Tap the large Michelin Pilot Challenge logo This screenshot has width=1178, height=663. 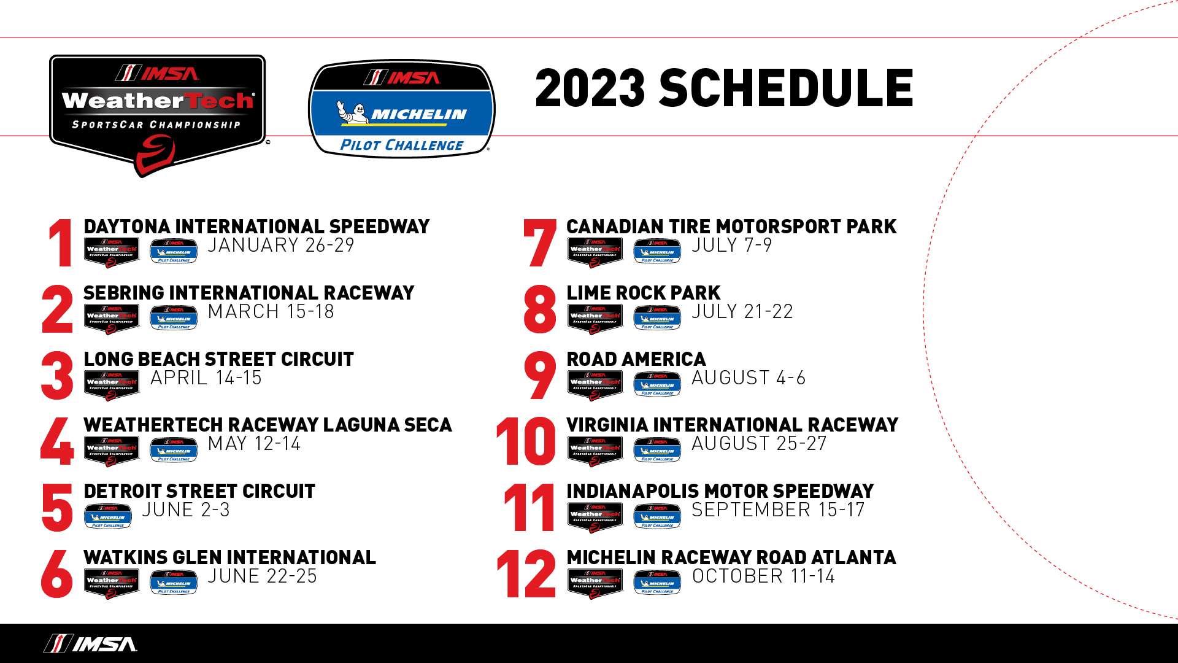click(x=402, y=109)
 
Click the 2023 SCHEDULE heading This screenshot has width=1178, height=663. click(x=724, y=88)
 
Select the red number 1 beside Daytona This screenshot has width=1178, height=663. click(x=61, y=243)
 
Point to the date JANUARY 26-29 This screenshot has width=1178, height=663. click(x=281, y=246)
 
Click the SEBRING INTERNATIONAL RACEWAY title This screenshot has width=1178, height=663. click(x=248, y=293)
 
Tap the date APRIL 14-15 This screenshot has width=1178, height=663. click(x=206, y=378)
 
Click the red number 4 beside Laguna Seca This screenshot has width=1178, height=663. click(x=57, y=441)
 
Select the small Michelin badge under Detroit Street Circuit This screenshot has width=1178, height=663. click(x=108, y=516)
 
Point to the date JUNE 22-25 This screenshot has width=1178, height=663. click(x=262, y=576)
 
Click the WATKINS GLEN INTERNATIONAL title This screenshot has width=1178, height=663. click(x=229, y=557)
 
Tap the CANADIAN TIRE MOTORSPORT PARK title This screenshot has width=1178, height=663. click(x=731, y=227)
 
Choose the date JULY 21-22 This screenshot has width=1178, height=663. click(x=742, y=312)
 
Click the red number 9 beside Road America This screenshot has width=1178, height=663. click(x=540, y=375)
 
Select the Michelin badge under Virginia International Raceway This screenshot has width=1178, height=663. click(x=657, y=450)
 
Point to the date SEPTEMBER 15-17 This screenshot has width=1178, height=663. click(x=778, y=510)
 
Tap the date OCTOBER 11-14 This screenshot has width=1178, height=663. click(x=763, y=576)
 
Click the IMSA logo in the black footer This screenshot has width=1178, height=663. click(x=91, y=643)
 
